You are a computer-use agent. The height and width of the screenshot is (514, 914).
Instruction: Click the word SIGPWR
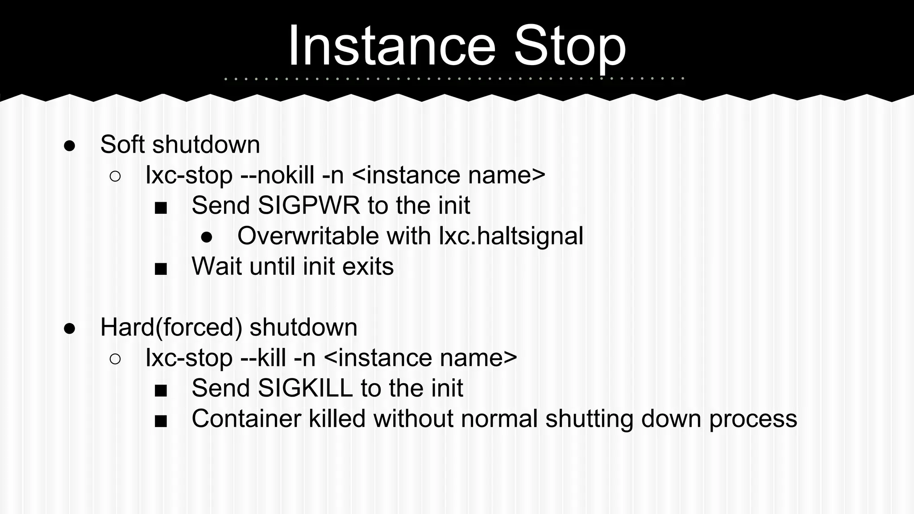pos(308,205)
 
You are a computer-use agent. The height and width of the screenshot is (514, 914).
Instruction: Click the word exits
pos(368,266)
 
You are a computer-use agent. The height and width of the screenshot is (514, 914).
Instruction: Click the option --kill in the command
pos(263,358)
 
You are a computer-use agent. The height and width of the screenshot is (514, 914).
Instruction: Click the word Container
pos(246,419)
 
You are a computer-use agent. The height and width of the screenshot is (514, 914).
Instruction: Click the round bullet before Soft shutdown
pos(70,146)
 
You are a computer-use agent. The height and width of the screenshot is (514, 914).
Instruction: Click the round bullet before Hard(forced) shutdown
pos(70,329)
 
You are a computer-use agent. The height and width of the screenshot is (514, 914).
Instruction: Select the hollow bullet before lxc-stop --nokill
pos(115,176)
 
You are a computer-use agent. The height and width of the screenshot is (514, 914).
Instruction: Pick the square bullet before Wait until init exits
pos(161,269)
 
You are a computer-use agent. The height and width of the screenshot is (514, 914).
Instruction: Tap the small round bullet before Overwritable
pos(207,237)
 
